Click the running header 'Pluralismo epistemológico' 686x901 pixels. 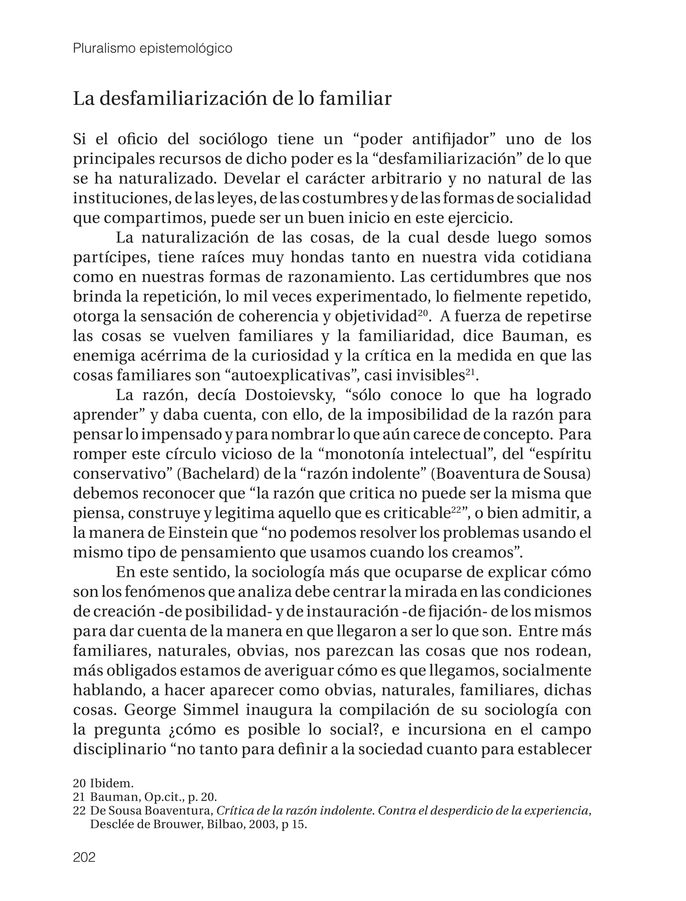pos(153,49)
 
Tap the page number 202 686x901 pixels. pos(84,856)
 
